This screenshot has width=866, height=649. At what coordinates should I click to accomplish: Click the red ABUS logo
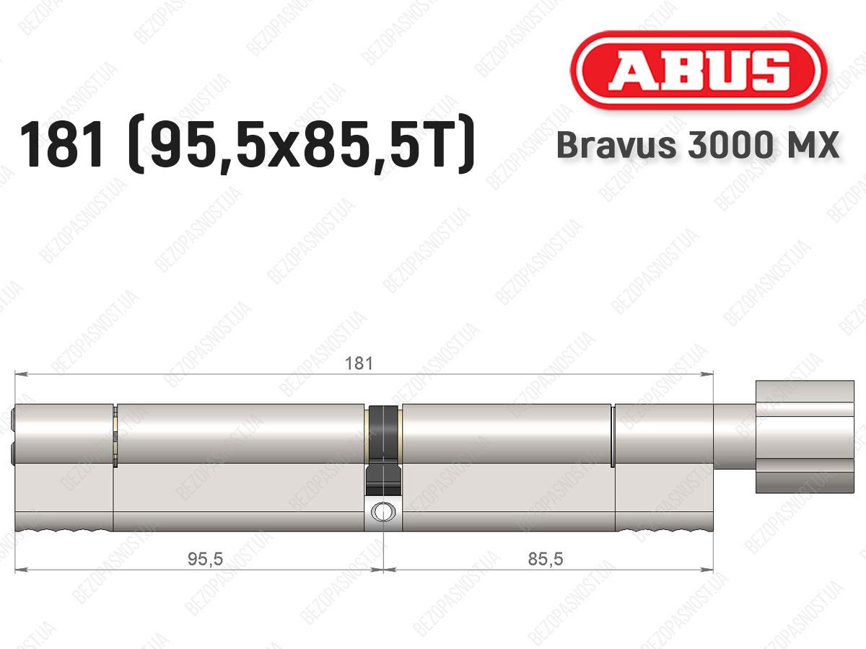pos(699,71)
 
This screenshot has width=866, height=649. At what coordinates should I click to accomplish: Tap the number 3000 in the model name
pos(730,145)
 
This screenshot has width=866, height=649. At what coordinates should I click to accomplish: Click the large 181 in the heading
pos(61,144)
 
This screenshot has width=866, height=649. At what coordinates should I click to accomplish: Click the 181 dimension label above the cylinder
pos(359,363)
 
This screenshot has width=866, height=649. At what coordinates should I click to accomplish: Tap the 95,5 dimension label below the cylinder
pos(205,559)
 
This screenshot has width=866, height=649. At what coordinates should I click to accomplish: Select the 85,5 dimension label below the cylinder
pos(546,559)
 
